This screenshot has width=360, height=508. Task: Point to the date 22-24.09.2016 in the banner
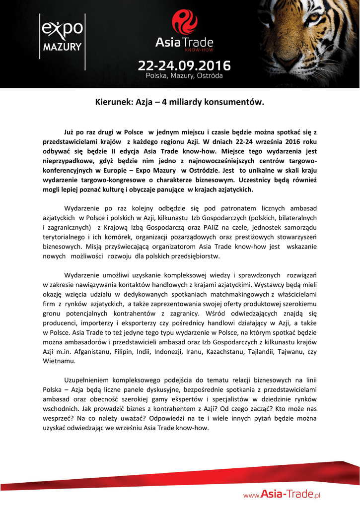click(184, 65)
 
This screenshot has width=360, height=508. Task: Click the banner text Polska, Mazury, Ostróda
click(184, 76)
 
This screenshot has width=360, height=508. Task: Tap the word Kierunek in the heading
click(112, 103)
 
